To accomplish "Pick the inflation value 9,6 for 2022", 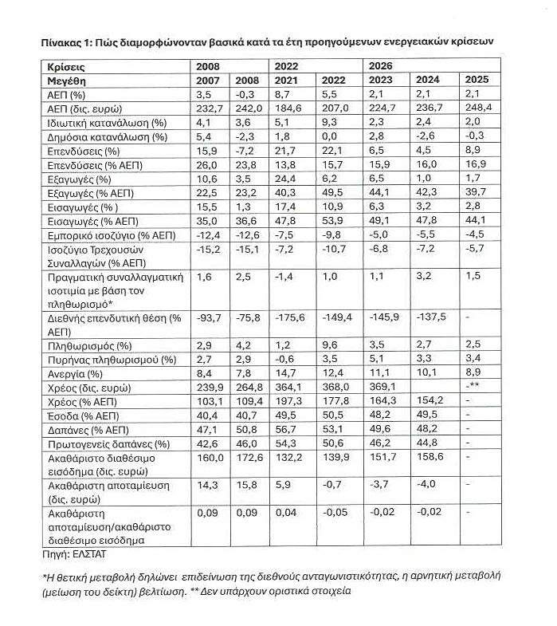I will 331,344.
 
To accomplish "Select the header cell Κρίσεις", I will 66,66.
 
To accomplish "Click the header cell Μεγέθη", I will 66,81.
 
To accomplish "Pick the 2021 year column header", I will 287,81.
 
